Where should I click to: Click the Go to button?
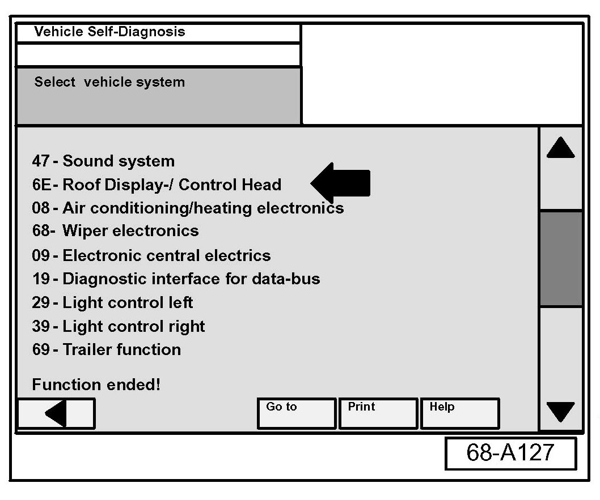296,413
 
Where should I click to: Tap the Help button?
459,413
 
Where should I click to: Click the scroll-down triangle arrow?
560,412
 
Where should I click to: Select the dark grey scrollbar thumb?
560,259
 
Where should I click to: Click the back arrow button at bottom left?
56,413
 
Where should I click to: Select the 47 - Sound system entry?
103,161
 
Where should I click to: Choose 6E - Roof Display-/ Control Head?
157,185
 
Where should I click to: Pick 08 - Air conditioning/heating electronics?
188,208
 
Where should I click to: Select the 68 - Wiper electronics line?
115,231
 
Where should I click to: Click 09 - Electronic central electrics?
151,255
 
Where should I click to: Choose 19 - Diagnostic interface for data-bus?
176,279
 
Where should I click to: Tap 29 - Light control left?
112,302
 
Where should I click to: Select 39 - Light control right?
119,326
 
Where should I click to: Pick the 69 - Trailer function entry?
107,349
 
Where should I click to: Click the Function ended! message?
96,385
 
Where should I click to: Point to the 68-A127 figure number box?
510,453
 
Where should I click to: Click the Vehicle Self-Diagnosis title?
109,32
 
